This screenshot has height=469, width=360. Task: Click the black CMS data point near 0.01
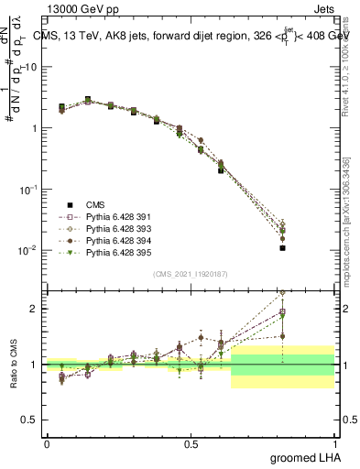point(283,247)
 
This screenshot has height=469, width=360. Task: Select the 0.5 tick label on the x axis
point(191,443)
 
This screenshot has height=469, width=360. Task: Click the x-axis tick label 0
point(47,443)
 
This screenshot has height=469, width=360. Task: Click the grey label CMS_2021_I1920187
point(191,273)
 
